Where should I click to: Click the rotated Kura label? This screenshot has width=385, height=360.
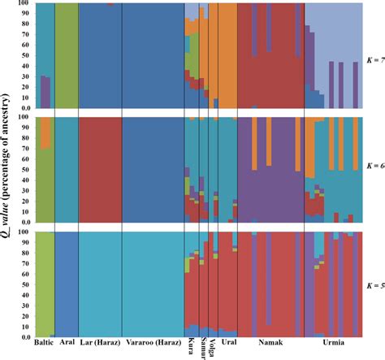pos(191,346)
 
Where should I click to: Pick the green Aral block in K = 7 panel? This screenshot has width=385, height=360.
pos(67,55)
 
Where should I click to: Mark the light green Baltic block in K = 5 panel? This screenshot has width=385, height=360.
pos(44,284)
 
